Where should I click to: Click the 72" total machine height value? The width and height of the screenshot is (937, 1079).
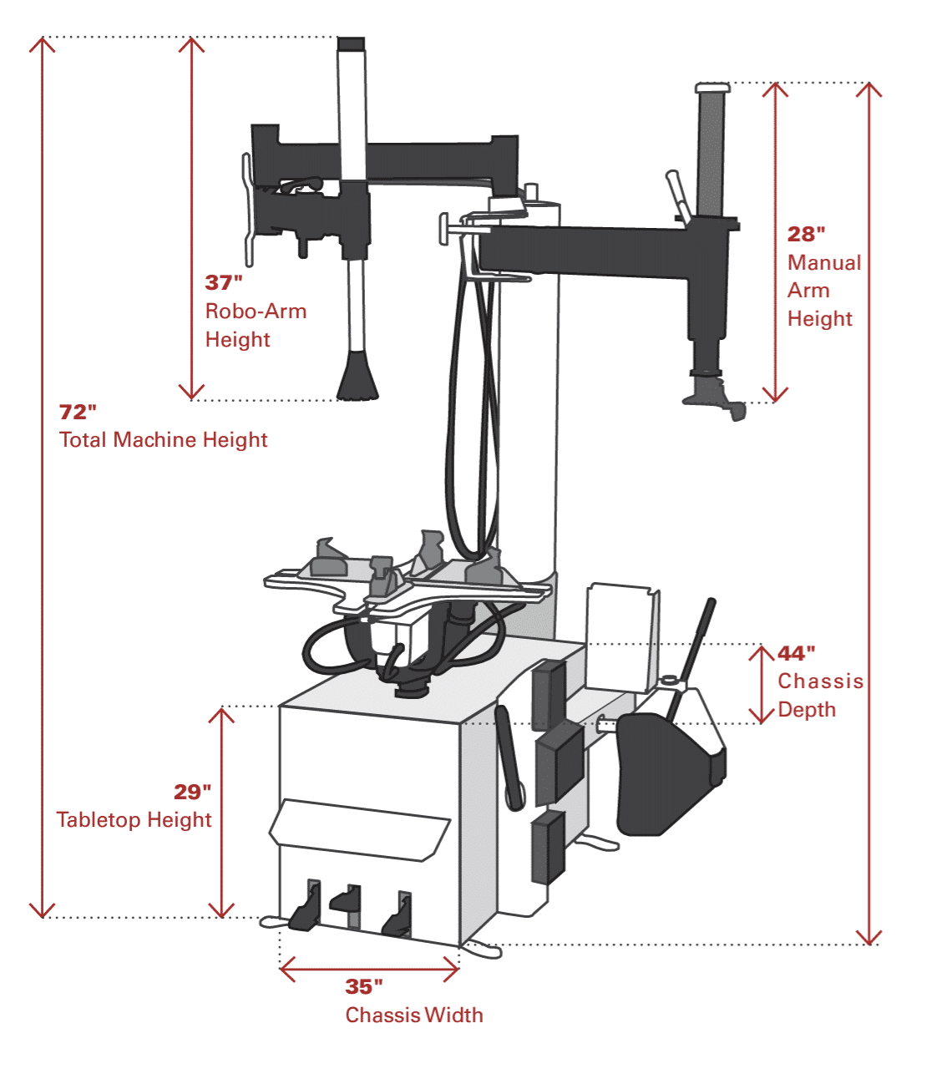(x=78, y=412)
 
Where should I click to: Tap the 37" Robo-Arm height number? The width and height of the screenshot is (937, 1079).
(x=224, y=283)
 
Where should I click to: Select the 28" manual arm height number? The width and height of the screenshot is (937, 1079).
(x=806, y=235)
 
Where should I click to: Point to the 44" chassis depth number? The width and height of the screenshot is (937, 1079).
(x=796, y=653)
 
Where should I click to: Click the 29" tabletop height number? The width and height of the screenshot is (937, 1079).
(x=192, y=792)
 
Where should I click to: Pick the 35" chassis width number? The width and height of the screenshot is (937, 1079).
(x=364, y=987)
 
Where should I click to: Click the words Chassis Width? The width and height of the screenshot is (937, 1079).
(x=414, y=1016)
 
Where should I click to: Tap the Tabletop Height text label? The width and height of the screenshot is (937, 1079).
(x=134, y=820)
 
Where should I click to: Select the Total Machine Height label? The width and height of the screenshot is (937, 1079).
(x=164, y=440)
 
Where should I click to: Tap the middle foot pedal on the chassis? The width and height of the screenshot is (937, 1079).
(x=347, y=900)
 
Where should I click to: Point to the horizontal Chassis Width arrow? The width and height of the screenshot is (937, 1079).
(x=369, y=970)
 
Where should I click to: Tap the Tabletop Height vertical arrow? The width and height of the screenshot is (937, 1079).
(x=221, y=812)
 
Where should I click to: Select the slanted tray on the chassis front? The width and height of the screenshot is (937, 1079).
(x=359, y=829)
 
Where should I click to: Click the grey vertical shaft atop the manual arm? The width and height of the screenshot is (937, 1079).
(x=711, y=150)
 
